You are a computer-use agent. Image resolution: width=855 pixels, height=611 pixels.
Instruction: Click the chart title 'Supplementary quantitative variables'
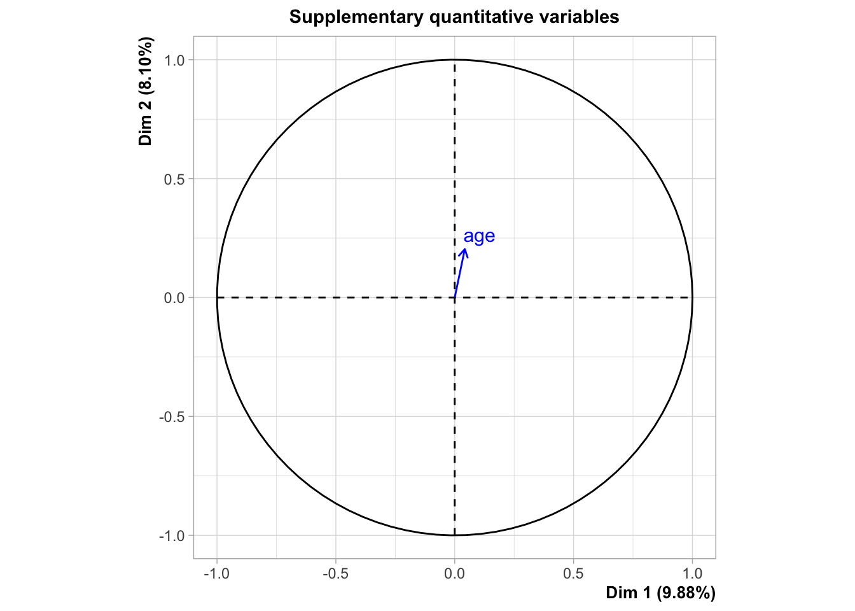pyautogui.click(x=454, y=17)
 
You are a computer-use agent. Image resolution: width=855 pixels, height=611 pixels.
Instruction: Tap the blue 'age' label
pyautogui.click(x=479, y=236)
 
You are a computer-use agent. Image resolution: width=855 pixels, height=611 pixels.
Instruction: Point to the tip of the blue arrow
pyautogui.click(x=466, y=248)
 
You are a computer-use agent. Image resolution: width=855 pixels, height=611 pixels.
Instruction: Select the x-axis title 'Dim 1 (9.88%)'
pyautogui.click(x=660, y=593)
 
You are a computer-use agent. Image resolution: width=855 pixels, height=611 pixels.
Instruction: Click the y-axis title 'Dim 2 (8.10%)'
pyautogui.click(x=146, y=92)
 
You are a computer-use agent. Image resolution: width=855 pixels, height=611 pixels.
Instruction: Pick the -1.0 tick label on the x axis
pyautogui.click(x=216, y=573)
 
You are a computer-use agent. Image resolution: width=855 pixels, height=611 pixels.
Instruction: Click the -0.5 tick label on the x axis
pyautogui.click(x=335, y=573)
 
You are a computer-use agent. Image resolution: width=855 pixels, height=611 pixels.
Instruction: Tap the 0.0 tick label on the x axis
pyautogui.click(x=454, y=573)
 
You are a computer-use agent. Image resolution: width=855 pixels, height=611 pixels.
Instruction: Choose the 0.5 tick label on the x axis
pyautogui.click(x=573, y=573)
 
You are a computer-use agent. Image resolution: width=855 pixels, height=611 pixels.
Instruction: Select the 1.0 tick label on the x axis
pyautogui.click(x=692, y=573)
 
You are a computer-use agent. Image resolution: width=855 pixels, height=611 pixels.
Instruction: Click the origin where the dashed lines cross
pyautogui.click(x=454, y=297)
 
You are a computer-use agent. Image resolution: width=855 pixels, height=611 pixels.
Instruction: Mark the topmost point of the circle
pyautogui.click(x=454, y=60)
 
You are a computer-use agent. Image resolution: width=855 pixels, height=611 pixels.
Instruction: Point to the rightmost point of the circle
pyautogui.click(x=692, y=297)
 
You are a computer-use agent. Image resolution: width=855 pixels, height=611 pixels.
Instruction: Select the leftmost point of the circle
pyautogui.click(x=217, y=297)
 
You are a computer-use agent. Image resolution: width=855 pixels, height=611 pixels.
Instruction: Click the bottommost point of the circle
pyautogui.click(x=454, y=535)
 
